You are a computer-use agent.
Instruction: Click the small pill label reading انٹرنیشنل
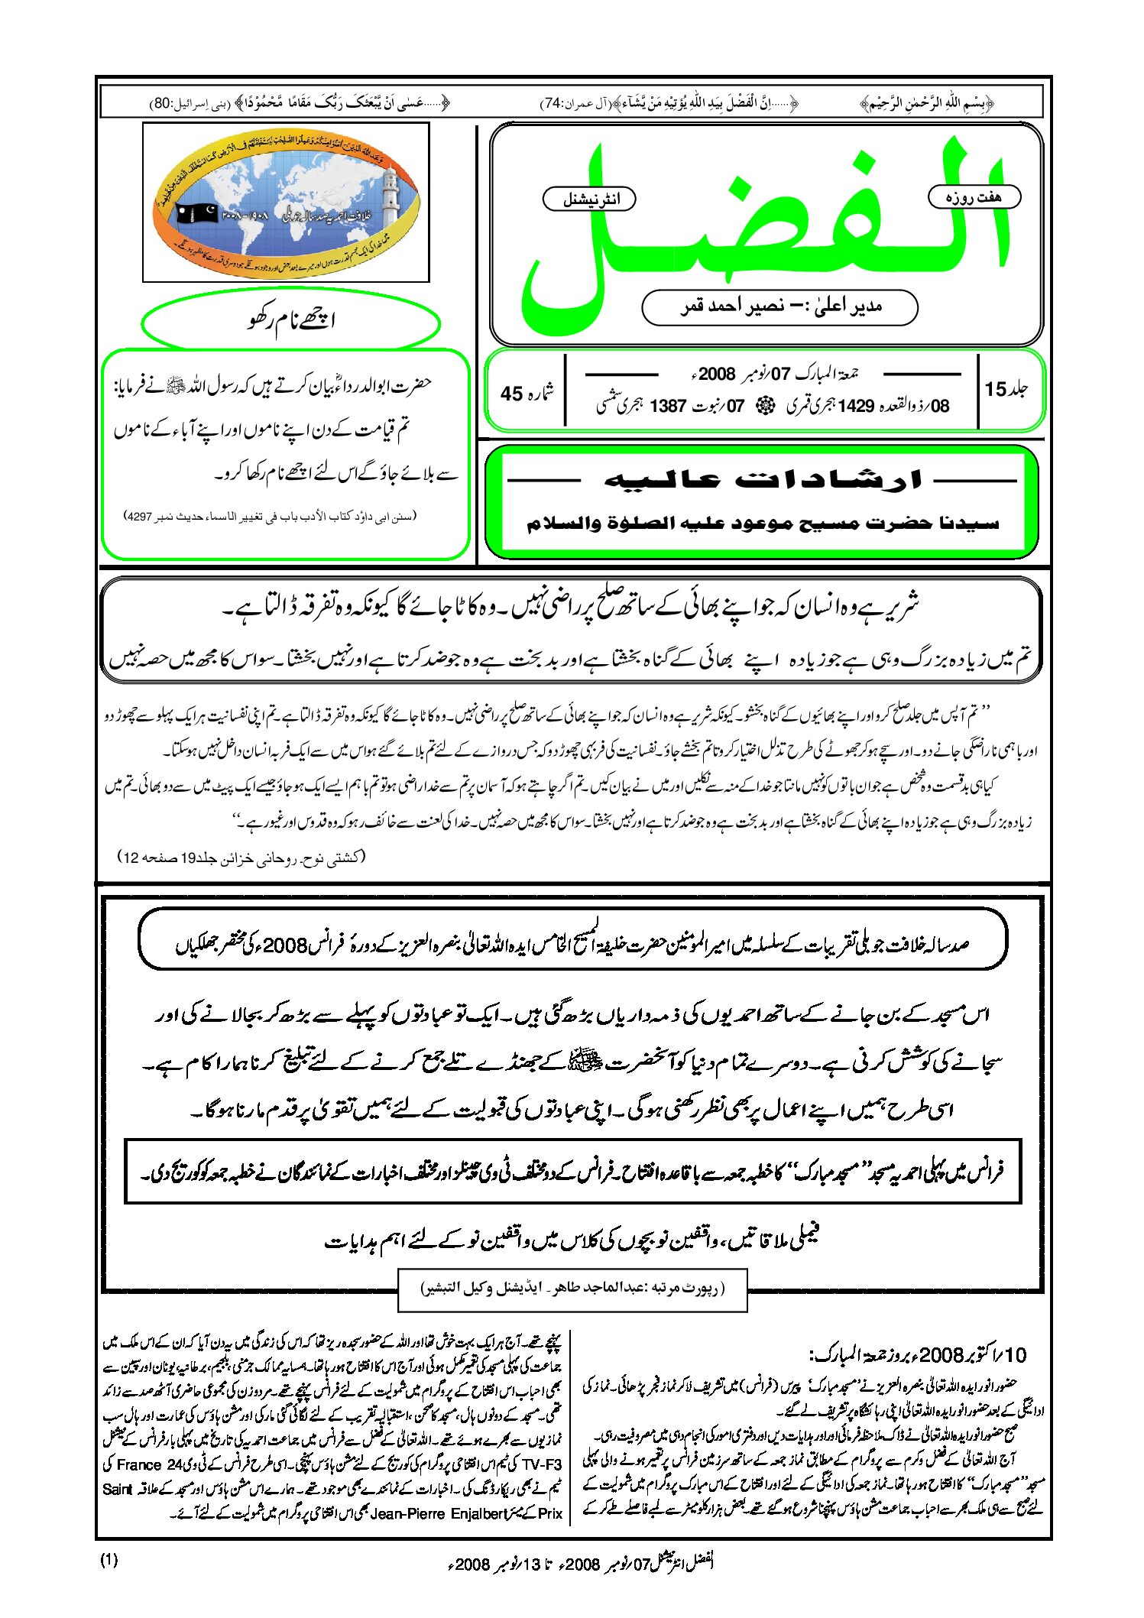tap(589, 199)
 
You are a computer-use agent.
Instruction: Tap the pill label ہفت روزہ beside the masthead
tap(974, 197)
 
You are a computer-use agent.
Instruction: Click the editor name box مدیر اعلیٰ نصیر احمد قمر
tap(779, 307)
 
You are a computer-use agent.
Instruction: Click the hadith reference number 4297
tap(139, 517)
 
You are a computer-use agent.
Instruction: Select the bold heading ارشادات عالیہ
tap(763, 480)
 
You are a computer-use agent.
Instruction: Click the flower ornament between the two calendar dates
tap(765, 407)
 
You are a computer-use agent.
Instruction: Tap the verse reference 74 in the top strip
tap(553, 103)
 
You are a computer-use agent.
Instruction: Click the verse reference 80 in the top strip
tap(162, 103)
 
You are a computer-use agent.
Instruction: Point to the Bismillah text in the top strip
tap(926, 103)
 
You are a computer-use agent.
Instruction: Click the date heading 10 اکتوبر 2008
tap(917, 1355)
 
